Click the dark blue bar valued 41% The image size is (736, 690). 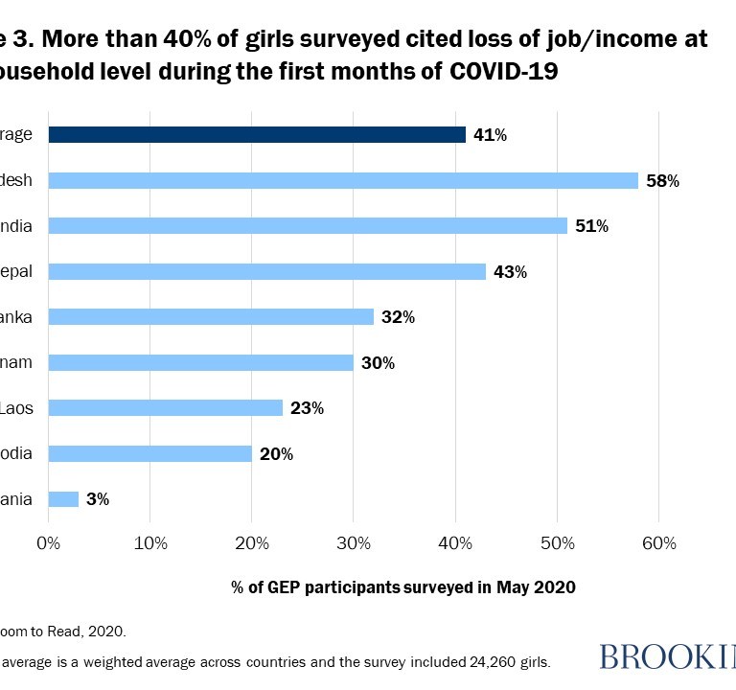point(257,135)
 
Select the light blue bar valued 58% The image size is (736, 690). point(343,180)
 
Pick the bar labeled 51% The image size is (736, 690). point(308,226)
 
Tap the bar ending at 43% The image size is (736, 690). point(267,271)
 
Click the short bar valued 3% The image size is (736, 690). point(63,499)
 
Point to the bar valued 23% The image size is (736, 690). point(165,408)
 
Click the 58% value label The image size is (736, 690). point(662,181)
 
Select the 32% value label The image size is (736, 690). point(397,317)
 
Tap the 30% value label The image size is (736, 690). point(377,363)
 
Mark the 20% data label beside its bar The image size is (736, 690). point(275,454)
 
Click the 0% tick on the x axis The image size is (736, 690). point(48,543)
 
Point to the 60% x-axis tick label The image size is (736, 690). point(658,543)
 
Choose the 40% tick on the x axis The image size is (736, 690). point(455,543)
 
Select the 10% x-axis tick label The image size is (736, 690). point(149,543)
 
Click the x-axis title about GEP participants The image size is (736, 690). point(403,587)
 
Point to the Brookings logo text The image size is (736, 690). point(667,657)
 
